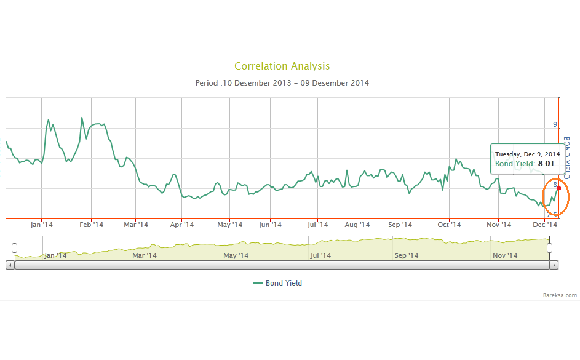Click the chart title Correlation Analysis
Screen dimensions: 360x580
click(282, 66)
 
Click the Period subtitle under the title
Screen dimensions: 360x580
click(282, 82)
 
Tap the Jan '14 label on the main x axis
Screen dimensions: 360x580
click(41, 225)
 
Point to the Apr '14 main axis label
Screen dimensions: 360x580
click(181, 225)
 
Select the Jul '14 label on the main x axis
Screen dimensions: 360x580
click(319, 225)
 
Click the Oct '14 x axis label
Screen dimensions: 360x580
click(449, 225)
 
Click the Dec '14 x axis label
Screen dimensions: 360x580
click(545, 225)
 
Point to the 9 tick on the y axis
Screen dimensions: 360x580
click(555, 125)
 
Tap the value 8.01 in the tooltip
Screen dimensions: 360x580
click(546, 164)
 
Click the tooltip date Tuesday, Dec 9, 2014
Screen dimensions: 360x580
click(527, 154)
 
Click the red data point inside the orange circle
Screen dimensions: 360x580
click(558, 188)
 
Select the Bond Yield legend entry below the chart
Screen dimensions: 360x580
click(277, 283)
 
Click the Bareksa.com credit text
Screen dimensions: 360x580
click(560, 295)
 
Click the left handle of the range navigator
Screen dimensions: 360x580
click(14, 247)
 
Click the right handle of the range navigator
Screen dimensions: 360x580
click(550, 247)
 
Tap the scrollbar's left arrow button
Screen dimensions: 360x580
click(10, 265)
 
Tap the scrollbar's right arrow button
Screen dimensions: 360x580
click(554, 265)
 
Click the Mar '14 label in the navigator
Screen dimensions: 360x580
click(145, 255)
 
